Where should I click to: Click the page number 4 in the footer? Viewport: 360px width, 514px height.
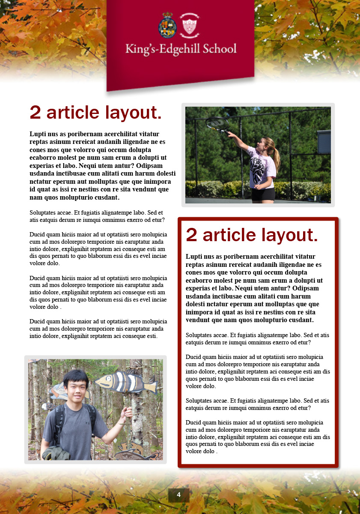pos(179,495)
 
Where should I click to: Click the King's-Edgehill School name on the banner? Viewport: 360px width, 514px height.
pos(181,48)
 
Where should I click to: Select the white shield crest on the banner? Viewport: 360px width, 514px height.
pos(190,24)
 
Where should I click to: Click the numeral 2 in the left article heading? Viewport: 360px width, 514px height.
pos(36,113)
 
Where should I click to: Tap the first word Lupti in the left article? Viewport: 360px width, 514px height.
pos(38,134)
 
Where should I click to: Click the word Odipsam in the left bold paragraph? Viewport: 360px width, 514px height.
pos(153,166)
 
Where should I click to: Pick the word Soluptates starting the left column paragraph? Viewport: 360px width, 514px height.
pos(45,212)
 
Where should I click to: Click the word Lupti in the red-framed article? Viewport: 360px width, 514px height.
pos(194,257)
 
